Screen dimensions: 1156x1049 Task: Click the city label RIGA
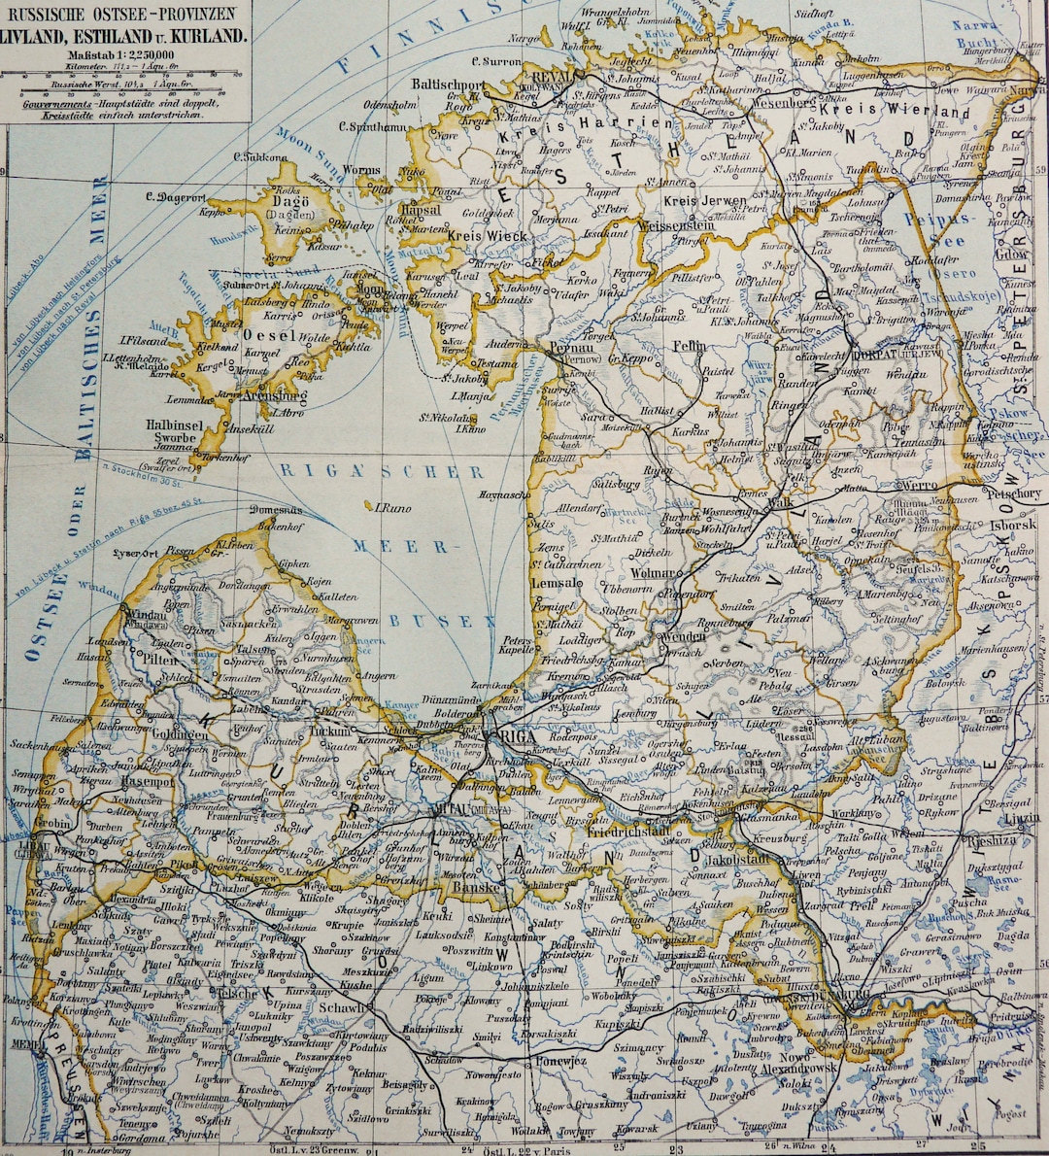[518, 737]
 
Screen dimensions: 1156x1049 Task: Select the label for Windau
[145, 615]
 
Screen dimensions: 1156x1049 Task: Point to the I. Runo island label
[388, 507]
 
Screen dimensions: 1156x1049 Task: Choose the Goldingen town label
[180, 734]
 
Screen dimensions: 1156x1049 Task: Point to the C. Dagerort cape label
[171, 196]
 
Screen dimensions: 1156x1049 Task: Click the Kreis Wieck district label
[488, 236]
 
